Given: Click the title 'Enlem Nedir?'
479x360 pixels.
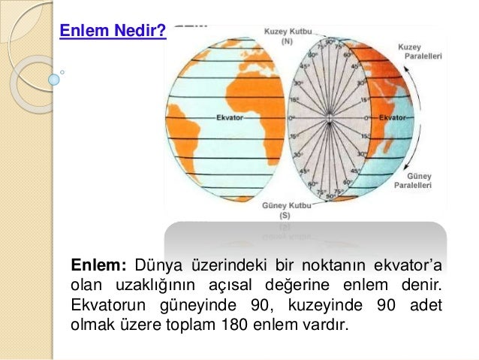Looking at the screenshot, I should point(113,32).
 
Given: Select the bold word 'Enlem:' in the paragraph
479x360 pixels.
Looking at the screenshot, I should point(100,265).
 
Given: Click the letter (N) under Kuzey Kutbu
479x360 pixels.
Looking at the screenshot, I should point(287,42).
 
